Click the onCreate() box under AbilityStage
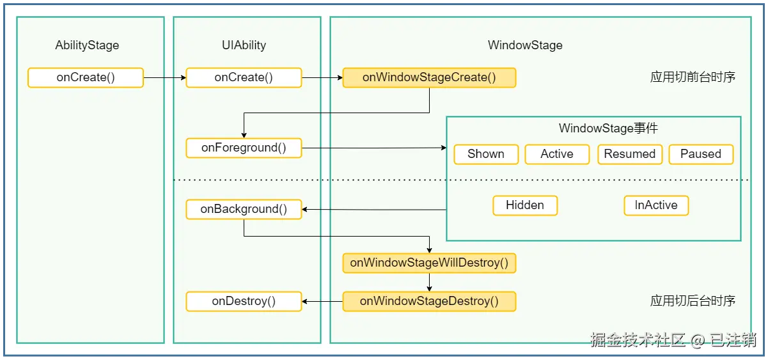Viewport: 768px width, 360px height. tap(86, 77)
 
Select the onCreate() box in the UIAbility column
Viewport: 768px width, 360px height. tap(244, 77)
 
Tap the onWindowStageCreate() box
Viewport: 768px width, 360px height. tap(429, 77)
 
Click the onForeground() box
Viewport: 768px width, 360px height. tap(244, 148)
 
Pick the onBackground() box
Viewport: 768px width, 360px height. tap(244, 209)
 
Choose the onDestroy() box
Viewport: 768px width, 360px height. tap(244, 301)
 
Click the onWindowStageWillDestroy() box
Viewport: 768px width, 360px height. tap(429, 263)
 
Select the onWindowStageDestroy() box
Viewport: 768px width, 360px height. tap(429, 301)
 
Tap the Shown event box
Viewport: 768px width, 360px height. tap(486, 154)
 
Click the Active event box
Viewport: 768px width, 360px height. tap(557, 154)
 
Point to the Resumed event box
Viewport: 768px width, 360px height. tap(630, 154)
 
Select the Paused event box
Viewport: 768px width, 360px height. tap(701, 154)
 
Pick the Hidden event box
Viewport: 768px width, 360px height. tap(525, 205)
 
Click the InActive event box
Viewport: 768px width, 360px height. tap(656, 205)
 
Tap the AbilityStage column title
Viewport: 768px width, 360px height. tap(87, 45)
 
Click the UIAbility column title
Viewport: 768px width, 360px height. tap(244, 45)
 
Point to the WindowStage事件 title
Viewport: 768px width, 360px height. tap(609, 129)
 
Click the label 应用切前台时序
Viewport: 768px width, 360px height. tap(693, 77)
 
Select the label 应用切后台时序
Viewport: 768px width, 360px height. tap(693, 301)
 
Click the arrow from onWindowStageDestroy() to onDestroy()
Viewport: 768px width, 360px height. tap(322, 301)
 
